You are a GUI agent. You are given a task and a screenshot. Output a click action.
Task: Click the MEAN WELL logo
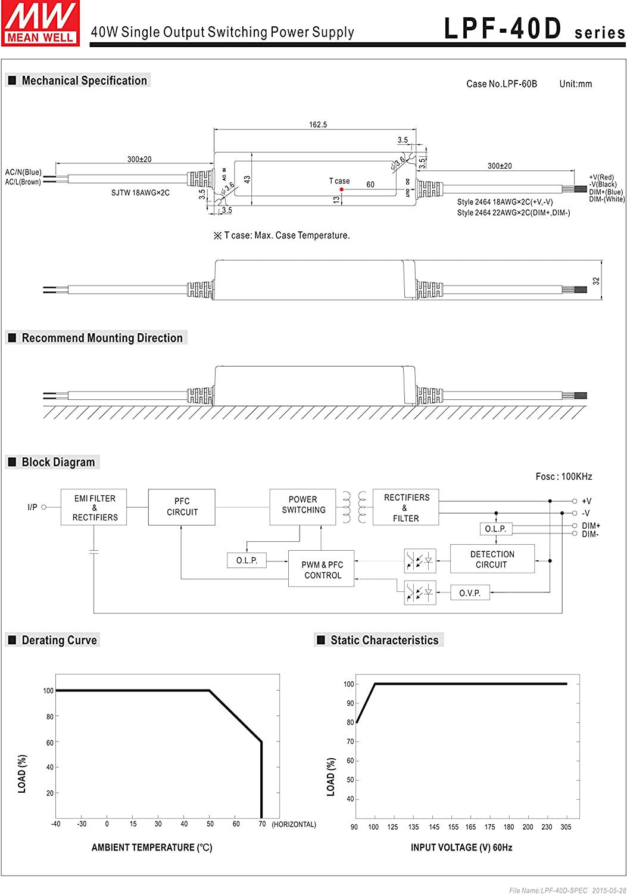[40, 23]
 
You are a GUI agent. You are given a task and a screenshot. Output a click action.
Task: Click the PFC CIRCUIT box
[182, 507]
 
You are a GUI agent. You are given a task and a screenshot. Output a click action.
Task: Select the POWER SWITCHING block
[303, 505]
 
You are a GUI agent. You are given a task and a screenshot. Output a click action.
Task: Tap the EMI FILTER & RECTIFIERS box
[95, 508]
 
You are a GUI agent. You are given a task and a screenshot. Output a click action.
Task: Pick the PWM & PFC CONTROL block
[322, 570]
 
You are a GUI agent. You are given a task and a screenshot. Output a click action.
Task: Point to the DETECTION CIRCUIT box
[492, 559]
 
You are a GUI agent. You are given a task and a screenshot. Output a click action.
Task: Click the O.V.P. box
[470, 593]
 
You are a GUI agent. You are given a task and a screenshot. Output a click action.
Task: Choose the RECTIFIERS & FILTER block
[406, 508]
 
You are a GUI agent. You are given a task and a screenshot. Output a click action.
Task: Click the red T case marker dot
[341, 190]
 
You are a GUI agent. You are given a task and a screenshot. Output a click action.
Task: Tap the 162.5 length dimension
[318, 125]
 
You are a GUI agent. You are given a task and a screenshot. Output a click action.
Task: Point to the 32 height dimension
[596, 281]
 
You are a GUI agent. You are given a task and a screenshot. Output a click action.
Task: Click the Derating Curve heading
[59, 641]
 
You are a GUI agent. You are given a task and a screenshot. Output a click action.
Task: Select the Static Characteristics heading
[384, 641]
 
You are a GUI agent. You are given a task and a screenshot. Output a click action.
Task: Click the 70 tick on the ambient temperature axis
[262, 824]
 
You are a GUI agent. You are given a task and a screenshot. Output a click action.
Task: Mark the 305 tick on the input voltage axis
[566, 827]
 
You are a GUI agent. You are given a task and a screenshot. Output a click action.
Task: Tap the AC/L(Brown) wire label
[23, 182]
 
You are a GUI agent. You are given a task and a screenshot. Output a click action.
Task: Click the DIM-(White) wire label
[607, 199]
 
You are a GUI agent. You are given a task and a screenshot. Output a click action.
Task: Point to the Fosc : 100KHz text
[564, 476]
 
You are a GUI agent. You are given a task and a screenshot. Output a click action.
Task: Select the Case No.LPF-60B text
[501, 84]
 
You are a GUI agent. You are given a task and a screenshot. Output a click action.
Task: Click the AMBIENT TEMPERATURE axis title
[152, 848]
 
